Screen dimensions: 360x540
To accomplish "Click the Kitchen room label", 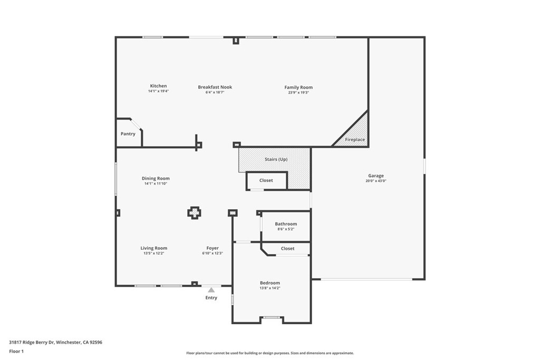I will (x=158, y=86).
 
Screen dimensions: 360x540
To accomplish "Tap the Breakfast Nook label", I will (x=215, y=87).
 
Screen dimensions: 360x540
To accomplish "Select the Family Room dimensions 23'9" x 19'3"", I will (x=298, y=92).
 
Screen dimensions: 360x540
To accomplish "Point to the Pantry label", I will (x=128, y=134).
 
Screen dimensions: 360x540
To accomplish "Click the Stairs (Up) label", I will (x=276, y=159).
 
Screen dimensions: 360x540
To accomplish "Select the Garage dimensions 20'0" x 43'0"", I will (x=376, y=181).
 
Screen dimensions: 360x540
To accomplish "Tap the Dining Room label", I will (x=156, y=178).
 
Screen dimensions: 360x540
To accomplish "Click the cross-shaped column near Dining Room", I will (x=194, y=212).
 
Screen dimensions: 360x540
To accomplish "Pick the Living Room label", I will (x=154, y=248).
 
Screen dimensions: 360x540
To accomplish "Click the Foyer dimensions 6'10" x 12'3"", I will (x=213, y=253).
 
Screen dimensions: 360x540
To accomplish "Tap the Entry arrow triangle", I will (x=211, y=289).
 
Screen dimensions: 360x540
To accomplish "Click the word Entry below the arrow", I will (x=211, y=298).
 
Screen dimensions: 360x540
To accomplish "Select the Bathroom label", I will (x=286, y=223).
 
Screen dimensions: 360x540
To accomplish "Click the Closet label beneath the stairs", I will (x=266, y=180).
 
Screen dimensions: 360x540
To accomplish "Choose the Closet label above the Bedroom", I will (x=287, y=248).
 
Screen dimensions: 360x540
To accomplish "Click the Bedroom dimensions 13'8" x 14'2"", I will (x=270, y=288).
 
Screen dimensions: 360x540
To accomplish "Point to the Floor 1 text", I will (x=16, y=351).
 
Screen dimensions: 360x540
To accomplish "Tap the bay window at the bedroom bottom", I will (x=272, y=317).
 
